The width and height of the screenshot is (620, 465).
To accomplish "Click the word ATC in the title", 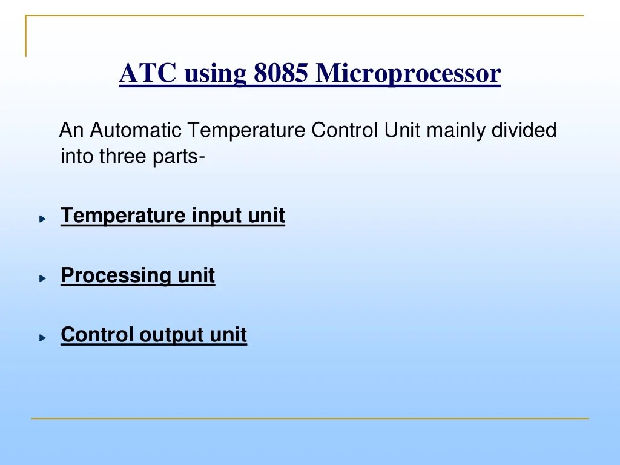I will click(x=148, y=74).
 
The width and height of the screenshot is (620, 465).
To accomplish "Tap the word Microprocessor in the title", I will click(x=409, y=74).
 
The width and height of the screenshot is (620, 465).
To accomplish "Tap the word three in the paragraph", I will click(x=122, y=156).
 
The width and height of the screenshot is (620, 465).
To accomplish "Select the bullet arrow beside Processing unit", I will click(x=42, y=278).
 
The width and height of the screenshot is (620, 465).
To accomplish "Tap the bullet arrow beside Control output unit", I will click(x=42, y=337).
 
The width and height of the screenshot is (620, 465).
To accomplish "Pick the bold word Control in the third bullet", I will click(x=97, y=335).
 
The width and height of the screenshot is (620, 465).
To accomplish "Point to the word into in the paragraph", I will click(x=77, y=156).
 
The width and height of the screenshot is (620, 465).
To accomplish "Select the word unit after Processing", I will click(x=196, y=276).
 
